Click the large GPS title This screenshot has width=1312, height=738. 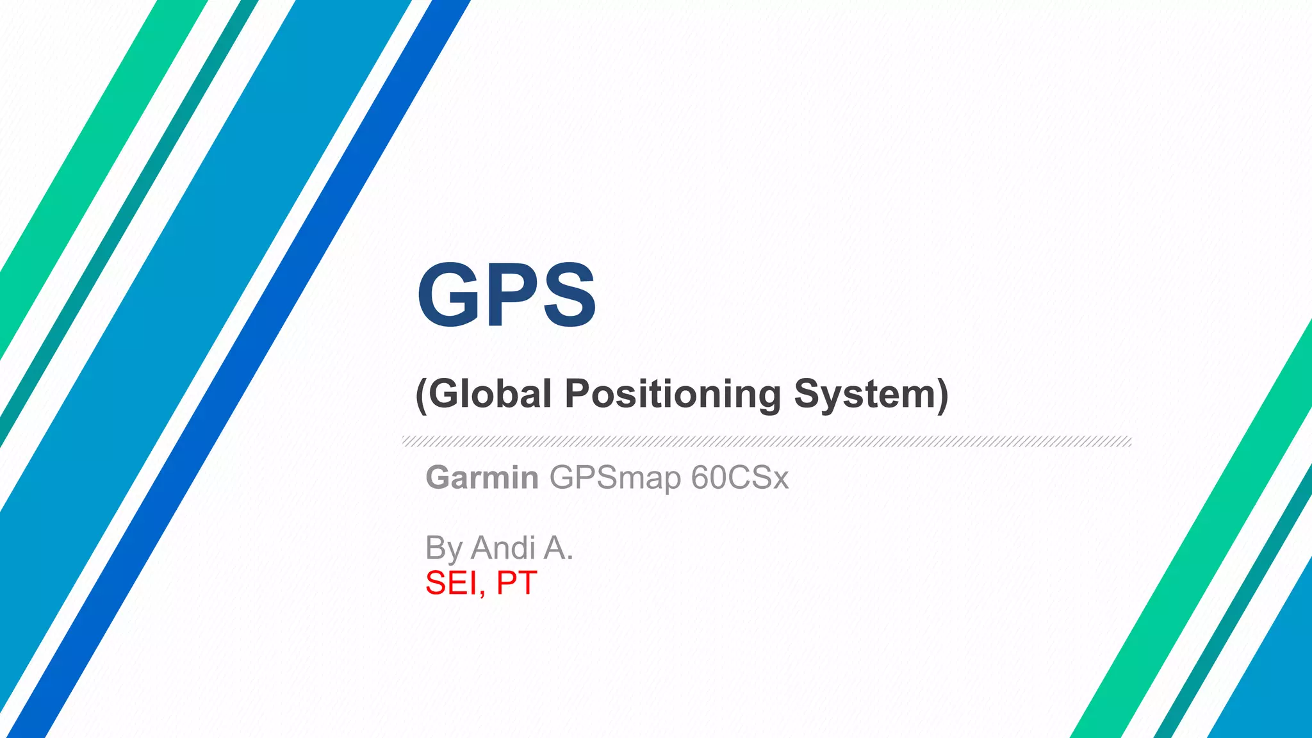[x=506, y=295]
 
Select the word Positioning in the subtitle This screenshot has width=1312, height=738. [x=673, y=395]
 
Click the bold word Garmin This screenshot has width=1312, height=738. [x=482, y=478]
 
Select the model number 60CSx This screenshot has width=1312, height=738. [x=740, y=478]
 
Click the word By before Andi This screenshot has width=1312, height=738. [x=444, y=549]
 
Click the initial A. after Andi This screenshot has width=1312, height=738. [x=558, y=548]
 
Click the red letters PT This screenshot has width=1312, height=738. [x=516, y=583]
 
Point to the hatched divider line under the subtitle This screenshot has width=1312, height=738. [x=766, y=441]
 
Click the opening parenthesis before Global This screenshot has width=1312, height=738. [x=421, y=395]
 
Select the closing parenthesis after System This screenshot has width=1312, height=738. [x=942, y=395]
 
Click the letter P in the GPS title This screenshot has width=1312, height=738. [x=511, y=295]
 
